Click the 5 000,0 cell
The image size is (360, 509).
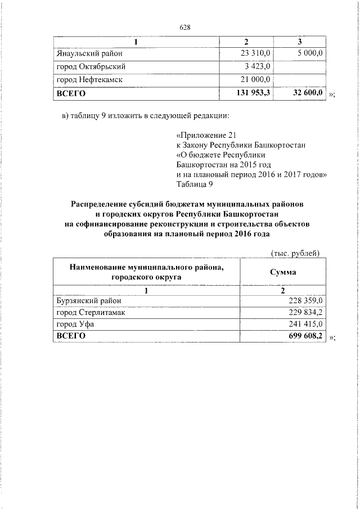tap(307, 53)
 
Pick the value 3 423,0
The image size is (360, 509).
tap(258, 67)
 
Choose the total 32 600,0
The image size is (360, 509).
tap(307, 93)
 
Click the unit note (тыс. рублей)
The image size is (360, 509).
tap(295, 253)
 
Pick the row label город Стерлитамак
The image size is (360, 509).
tap(93, 313)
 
